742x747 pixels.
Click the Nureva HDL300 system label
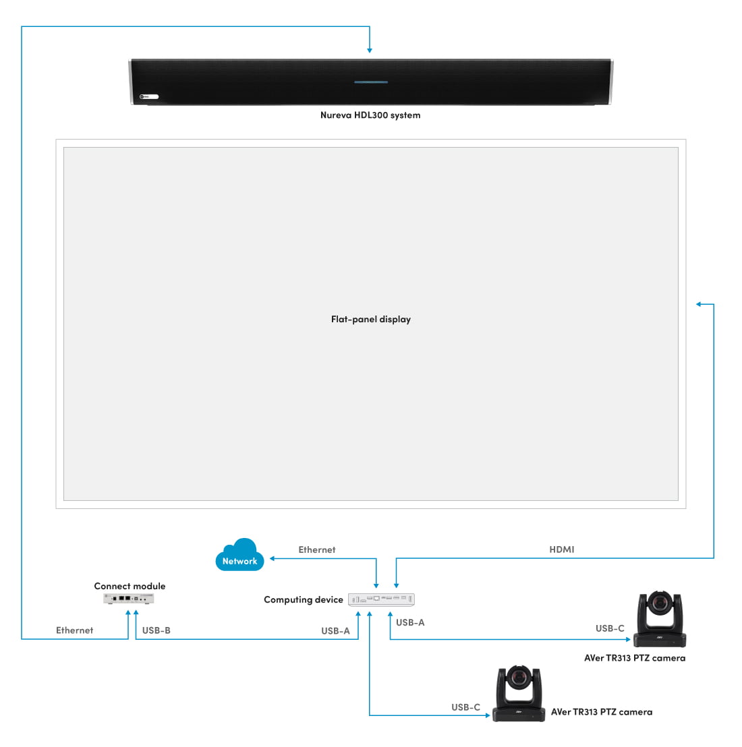pos(370,115)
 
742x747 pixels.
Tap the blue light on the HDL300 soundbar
pos(371,82)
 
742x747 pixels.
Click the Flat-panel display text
pos(370,320)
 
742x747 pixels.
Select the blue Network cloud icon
pos(239,556)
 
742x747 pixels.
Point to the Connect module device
pos(129,599)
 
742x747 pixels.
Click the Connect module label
pos(130,587)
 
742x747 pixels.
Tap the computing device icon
pos(381,599)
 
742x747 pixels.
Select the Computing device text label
pos(304,600)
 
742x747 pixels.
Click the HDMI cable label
pos(562,549)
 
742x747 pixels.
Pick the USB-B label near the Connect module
pos(156,631)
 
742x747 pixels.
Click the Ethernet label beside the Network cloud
pos(317,550)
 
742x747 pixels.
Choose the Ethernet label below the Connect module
pos(75,631)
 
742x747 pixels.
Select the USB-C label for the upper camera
pos(610,629)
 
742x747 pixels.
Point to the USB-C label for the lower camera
pos(466,708)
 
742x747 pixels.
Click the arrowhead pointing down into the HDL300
pos(370,50)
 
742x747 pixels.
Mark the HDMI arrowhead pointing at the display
pos(699,305)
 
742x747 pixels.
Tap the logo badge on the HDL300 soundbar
pos(148,97)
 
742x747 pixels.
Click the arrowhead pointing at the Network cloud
pos(273,558)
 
